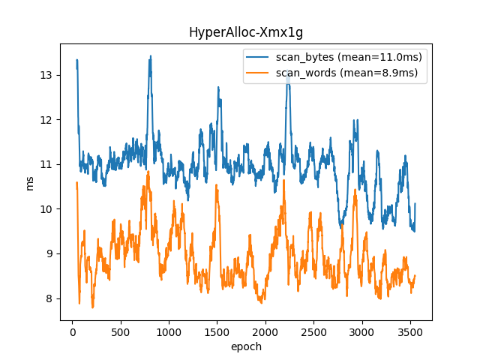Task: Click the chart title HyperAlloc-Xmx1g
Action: click(x=246, y=32)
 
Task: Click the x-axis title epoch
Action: click(x=246, y=347)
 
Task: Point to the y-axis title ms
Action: click(x=30, y=182)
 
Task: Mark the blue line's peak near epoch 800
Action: click(x=150, y=56)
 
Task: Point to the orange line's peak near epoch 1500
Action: click(x=217, y=186)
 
